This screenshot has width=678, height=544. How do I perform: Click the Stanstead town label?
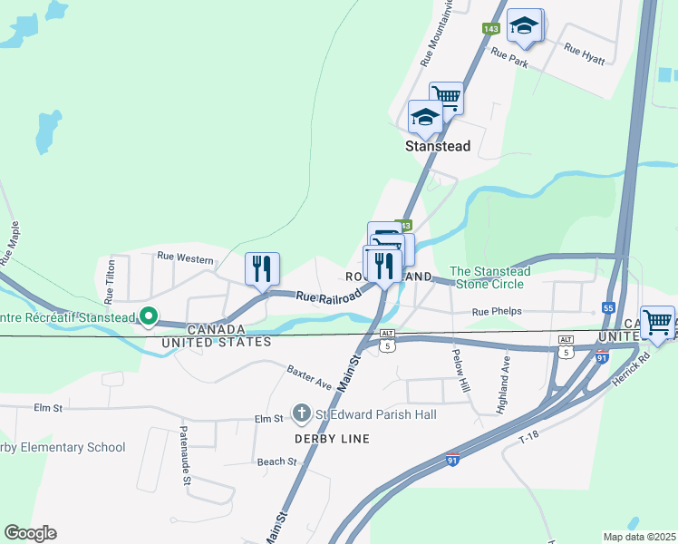click(x=438, y=145)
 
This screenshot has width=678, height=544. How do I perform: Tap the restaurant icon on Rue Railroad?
click(x=262, y=268)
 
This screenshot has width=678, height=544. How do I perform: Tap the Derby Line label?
click(x=331, y=439)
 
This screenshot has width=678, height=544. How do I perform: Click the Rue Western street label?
click(x=185, y=258)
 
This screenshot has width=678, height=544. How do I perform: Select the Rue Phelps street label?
click(x=498, y=312)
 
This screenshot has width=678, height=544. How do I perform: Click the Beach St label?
click(x=276, y=461)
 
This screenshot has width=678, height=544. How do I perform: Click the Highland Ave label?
click(x=503, y=385)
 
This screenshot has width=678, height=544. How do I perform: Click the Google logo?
click(x=30, y=533)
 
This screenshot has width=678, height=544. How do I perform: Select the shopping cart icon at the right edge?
click(x=657, y=322)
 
